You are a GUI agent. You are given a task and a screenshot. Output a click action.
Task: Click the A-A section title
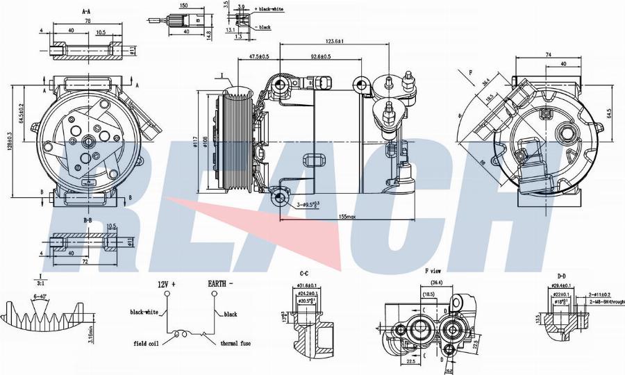[87, 12]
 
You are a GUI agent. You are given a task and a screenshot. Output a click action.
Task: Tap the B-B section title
[88, 220]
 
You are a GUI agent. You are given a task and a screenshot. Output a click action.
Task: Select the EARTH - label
[220, 284]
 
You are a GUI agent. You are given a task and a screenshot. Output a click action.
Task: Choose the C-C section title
[305, 274]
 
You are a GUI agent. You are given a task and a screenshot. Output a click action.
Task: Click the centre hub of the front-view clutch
[89, 142]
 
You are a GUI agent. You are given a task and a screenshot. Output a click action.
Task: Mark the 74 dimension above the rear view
[548, 55]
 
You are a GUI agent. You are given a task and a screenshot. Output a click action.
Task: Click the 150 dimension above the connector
[183, 6]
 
